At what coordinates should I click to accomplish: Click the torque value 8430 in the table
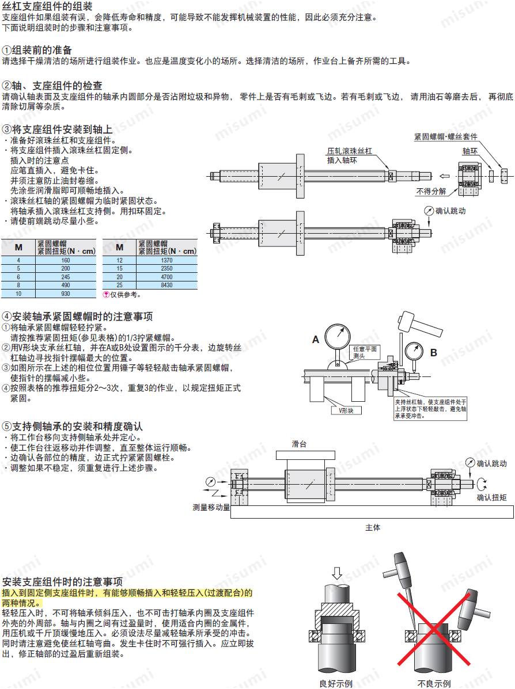(x=166, y=285)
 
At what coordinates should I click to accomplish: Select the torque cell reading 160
(x=66, y=260)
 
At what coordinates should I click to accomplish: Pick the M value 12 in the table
(x=119, y=260)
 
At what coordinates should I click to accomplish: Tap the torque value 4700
(x=166, y=277)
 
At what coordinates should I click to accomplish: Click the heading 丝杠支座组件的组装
(x=47, y=6)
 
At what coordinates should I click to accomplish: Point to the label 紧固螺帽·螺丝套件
(x=445, y=137)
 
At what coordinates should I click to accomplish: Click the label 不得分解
(x=431, y=191)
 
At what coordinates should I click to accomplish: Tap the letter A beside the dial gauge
(x=316, y=340)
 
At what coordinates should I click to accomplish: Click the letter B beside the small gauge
(x=434, y=352)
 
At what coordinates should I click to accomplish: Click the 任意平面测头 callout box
(x=365, y=352)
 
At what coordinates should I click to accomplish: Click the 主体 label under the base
(x=373, y=527)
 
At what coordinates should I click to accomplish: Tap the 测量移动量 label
(x=211, y=508)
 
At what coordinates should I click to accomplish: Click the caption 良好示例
(x=336, y=684)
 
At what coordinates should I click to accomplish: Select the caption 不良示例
(x=434, y=684)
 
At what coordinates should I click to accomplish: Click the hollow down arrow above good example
(x=337, y=573)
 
